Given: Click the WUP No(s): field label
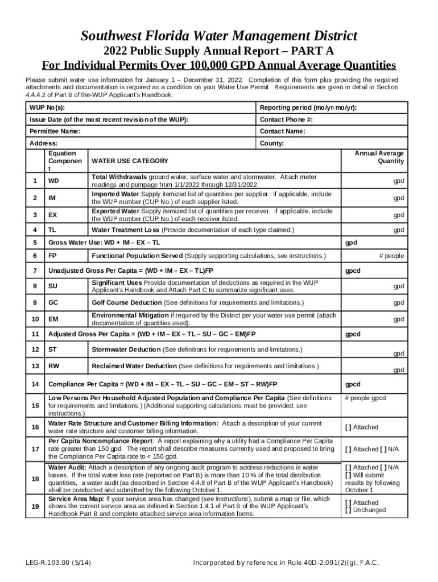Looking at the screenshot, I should (x=47, y=108).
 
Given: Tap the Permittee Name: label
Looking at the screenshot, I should (x=55, y=131).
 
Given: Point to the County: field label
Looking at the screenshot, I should (x=272, y=143).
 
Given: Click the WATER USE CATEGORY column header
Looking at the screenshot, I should (x=130, y=161).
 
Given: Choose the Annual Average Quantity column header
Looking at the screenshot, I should (x=379, y=157).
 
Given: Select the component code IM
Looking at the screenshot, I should (x=52, y=198).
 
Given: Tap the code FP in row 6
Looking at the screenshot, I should (x=52, y=256).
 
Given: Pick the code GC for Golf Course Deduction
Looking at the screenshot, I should (x=53, y=302).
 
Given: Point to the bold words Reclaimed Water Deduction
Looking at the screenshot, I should (x=134, y=365).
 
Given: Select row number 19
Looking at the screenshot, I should (x=35, y=506).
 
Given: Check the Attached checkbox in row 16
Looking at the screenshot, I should (x=348, y=427).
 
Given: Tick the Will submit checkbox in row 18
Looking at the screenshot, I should (x=348, y=475).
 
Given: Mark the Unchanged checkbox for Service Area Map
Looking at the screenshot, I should (x=348, y=510).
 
